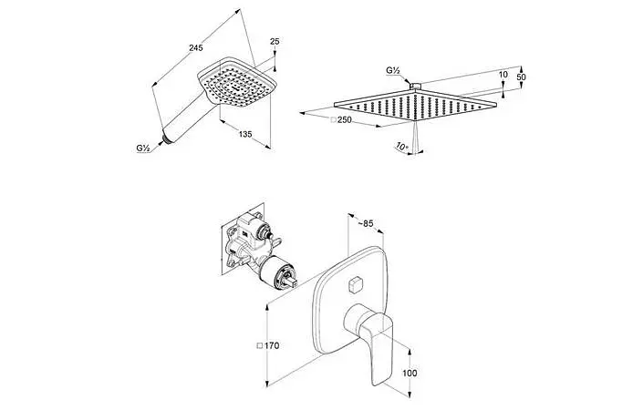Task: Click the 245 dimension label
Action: (195, 48)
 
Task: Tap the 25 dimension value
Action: (275, 41)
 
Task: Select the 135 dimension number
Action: (245, 134)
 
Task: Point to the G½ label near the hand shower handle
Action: (142, 149)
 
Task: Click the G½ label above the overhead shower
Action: (393, 70)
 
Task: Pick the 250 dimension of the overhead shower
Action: (345, 119)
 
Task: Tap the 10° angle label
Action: (402, 146)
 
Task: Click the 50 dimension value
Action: (521, 77)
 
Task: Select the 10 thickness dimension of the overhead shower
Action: (503, 74)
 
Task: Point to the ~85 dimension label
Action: (366, 223)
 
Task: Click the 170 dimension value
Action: (272, 345)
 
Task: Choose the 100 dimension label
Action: (410, 373)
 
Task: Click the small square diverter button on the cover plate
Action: (354, 284)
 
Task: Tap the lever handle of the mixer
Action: (370, 341)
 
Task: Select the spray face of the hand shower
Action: (236, 85)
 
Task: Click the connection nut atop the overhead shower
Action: (415, 86)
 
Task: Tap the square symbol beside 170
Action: (260, 346)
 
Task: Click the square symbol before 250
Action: (334, 120)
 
